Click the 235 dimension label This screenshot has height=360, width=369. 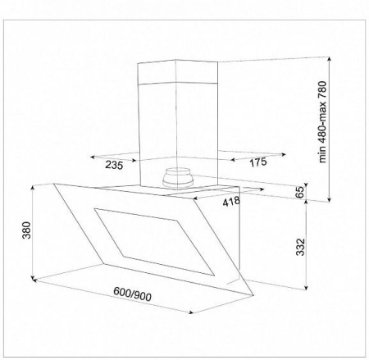(x=114, y=165)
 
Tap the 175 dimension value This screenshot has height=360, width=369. (x=258, y=162)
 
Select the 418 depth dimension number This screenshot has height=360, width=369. (x=231, y=202)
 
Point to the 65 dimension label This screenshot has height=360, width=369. (x=300, y=192)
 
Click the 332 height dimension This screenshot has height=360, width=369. (x=300, y=247)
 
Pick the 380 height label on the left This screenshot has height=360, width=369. (x=26, y=230)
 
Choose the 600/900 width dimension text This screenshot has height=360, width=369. (x=132, y=294)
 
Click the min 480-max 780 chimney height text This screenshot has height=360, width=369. (x=322, y=122)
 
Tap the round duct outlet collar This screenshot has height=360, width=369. (x=176, y=178)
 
